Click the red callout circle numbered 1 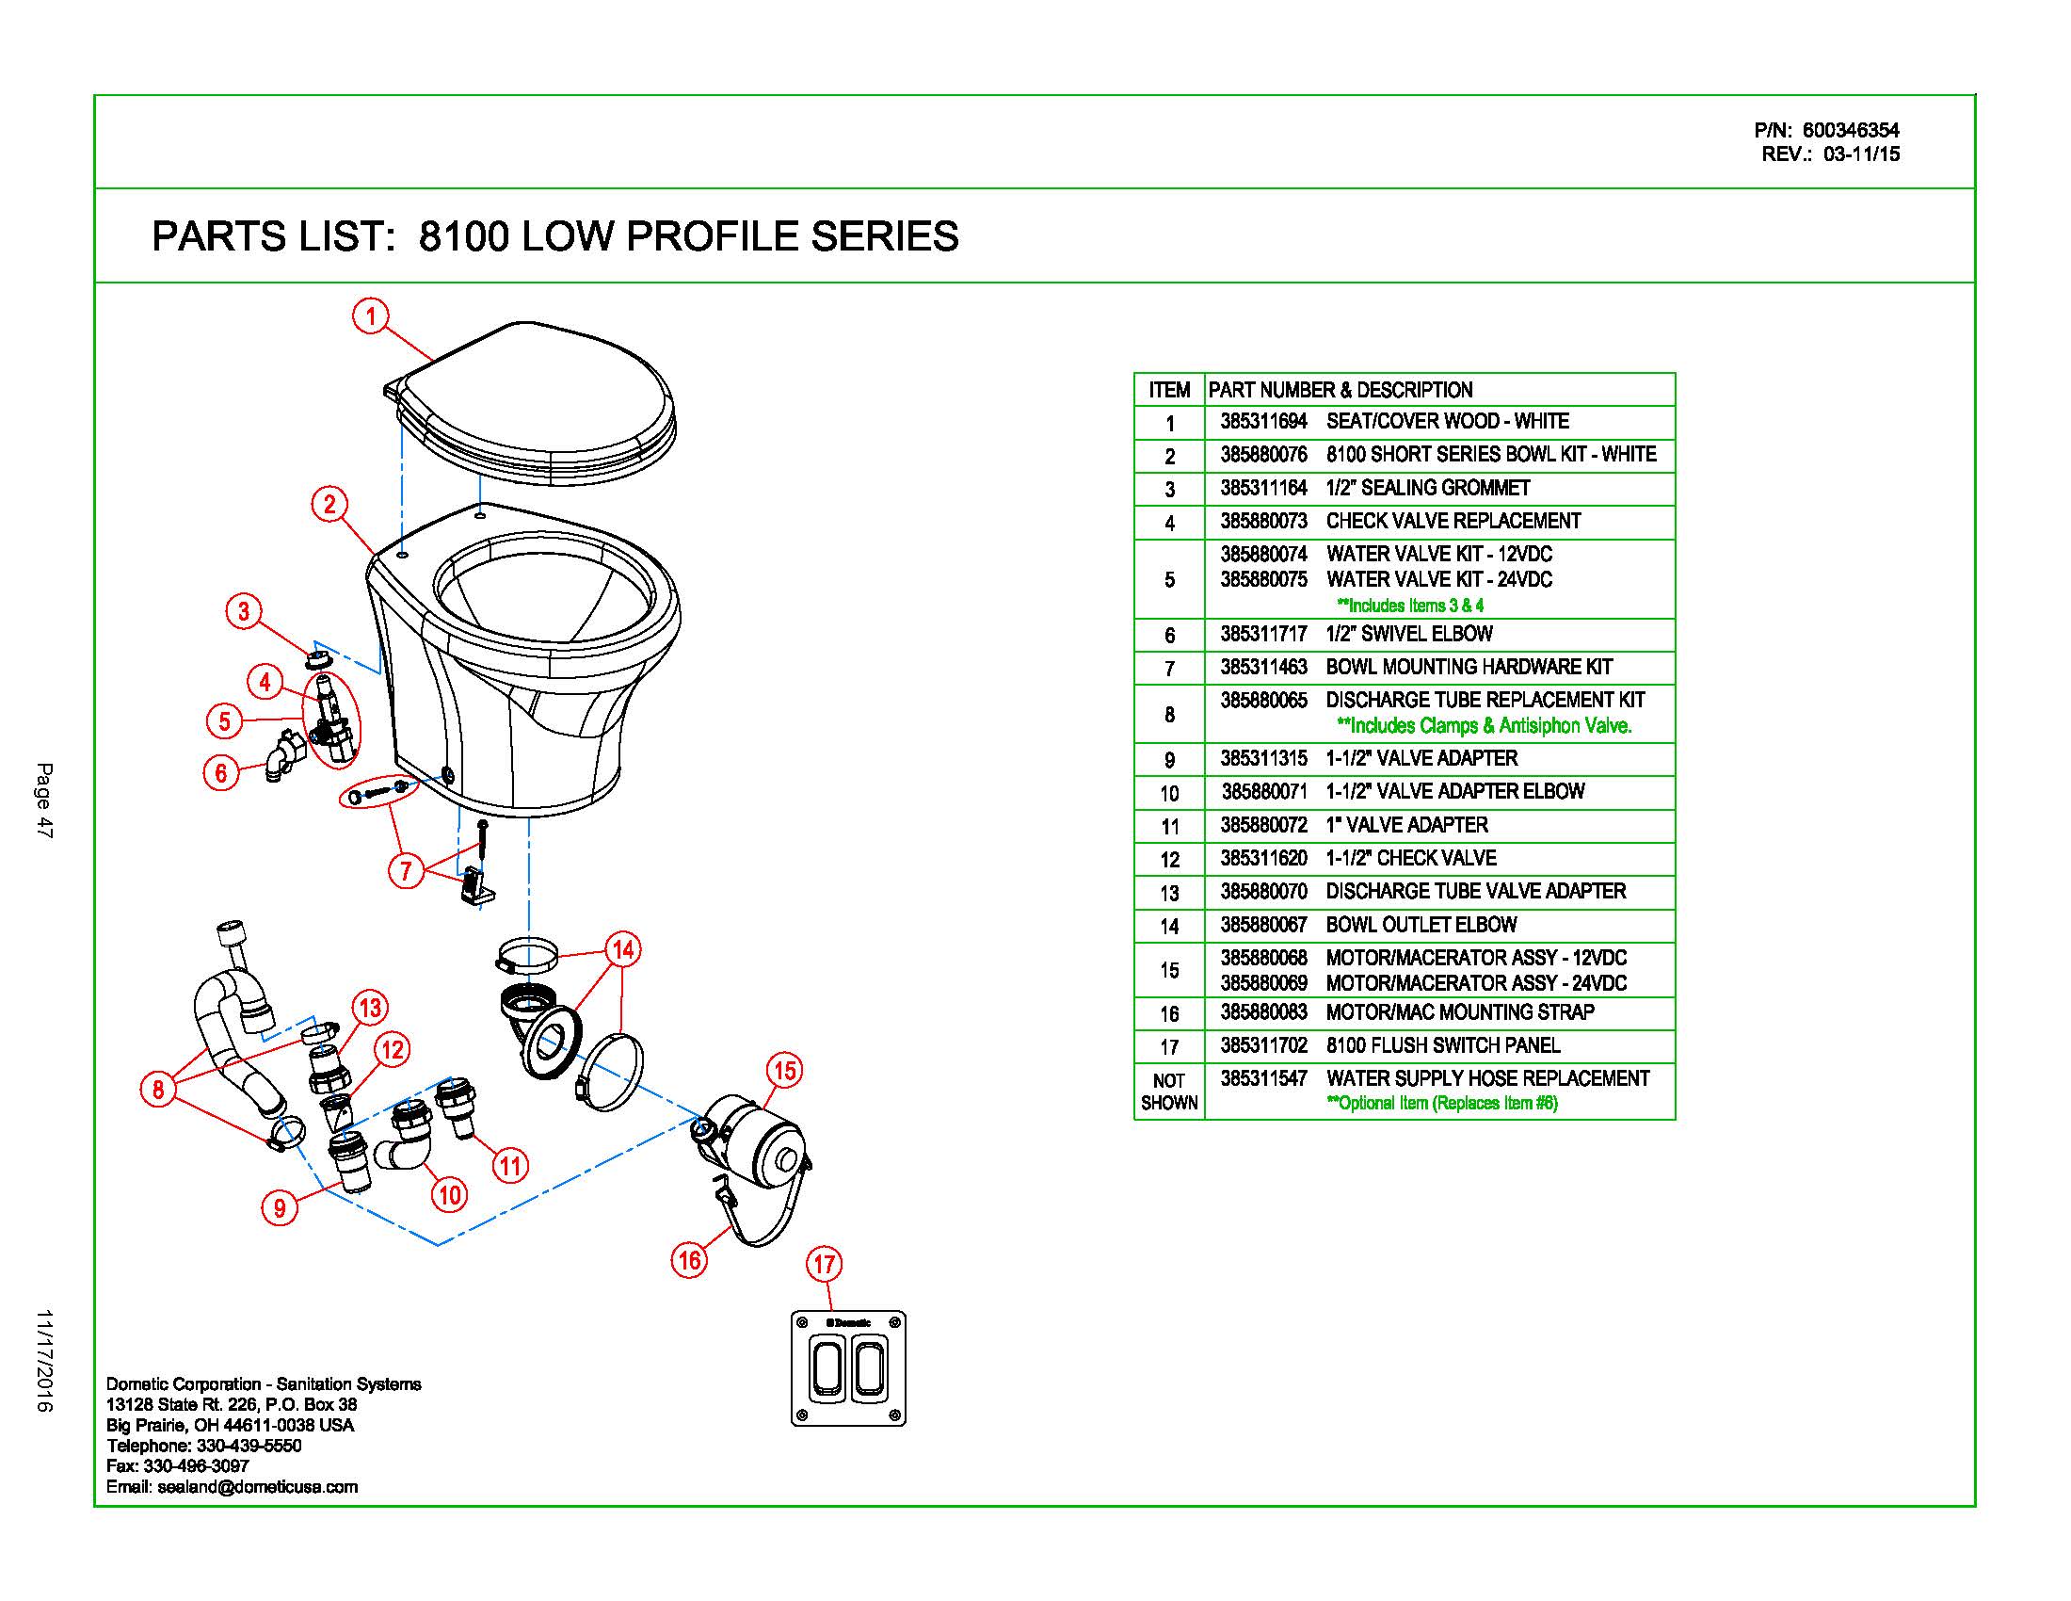tap(371, 315)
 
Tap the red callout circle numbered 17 tap(824, 1263)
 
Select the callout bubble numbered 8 tap(158, 1089)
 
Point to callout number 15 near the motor tap(785, 1071)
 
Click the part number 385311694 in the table tap(1263, 421)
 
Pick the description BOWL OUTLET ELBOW tap(1421, 925)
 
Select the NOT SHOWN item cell tap(1168, 1092)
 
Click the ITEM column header tap(1168, 390)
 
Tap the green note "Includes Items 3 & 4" tap(1409, 606)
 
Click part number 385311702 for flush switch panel tap(1263, 1045)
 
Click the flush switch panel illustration tap(848, 1368)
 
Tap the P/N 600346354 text tap(1825, 130)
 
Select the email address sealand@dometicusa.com tap(257, 1487)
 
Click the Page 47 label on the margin tap(43, 799)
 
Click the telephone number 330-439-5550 tap(249, 1446)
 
